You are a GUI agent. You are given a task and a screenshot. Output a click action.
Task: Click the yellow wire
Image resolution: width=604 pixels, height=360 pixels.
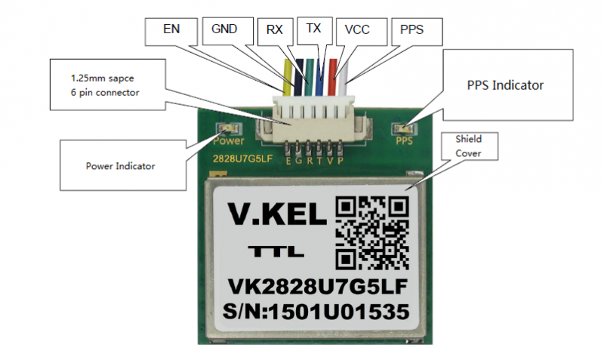[x=287, y=78]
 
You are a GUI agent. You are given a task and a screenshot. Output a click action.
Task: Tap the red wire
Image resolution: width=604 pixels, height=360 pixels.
[x=332, y=77]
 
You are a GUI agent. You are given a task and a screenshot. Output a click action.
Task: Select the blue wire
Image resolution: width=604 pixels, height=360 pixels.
[x=319, y=77]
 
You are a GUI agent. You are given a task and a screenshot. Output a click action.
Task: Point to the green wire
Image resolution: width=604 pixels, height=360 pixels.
[x=309, y=77]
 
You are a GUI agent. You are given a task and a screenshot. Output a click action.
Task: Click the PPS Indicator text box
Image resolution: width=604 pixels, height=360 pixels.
[x=508, y=85]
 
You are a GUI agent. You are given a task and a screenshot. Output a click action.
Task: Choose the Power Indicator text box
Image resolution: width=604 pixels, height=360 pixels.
[x=123, y=165]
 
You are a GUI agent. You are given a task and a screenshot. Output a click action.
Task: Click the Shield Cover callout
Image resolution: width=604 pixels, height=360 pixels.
[x=469, y=146]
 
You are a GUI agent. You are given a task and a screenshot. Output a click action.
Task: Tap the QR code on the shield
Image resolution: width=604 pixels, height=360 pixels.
[x=372, y=233]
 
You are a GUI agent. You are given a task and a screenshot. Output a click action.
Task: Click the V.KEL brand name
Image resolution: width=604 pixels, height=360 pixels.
[x=277, y=214]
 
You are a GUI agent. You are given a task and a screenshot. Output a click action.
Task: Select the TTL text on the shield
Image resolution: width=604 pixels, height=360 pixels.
[x=276, y=251]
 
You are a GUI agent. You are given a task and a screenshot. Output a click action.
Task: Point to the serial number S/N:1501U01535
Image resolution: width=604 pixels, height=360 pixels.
[x=316, y=312]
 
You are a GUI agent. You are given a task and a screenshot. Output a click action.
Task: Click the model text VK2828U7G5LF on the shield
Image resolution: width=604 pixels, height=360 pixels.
[x=318, y=287]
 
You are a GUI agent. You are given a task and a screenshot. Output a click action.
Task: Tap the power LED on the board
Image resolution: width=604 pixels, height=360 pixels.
[x=229, y=128]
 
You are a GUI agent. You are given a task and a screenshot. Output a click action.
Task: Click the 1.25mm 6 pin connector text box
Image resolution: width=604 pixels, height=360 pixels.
[x=108, y=85]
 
